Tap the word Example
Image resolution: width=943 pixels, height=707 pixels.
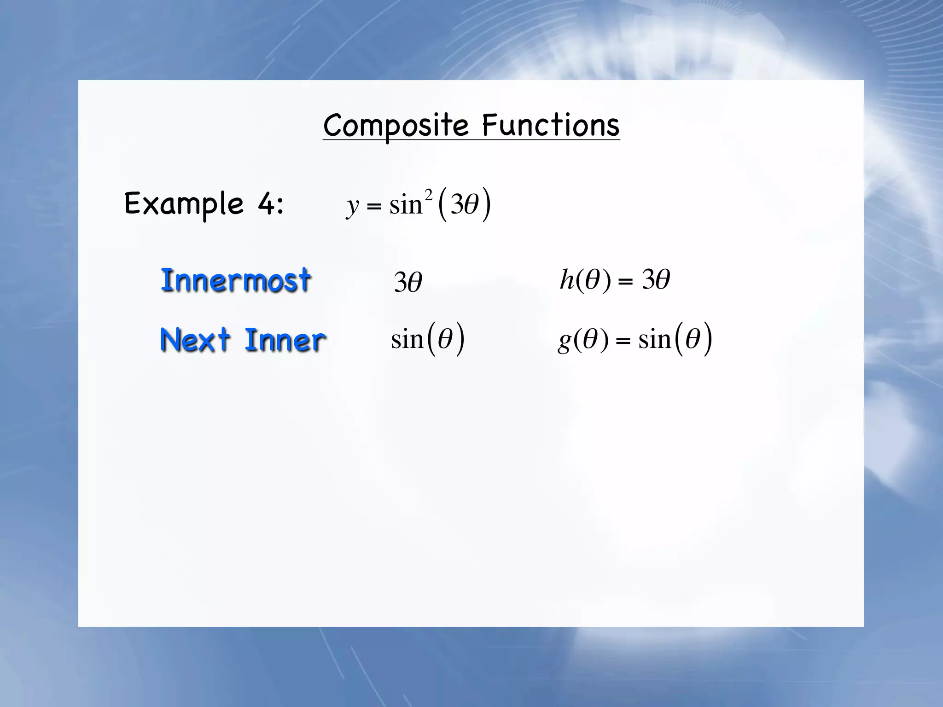(x=184, y=204)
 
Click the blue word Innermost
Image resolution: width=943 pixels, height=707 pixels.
(x=236, y=280)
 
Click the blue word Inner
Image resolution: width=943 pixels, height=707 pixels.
(x=285, y=341)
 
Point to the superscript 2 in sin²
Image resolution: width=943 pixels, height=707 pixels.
(x=428, y=195)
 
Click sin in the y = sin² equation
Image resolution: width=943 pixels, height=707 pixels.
(x=406, y=205)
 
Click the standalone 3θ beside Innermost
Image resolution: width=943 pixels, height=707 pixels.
(x=408, y=282)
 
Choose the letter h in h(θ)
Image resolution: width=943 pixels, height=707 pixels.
(x=567, y=279)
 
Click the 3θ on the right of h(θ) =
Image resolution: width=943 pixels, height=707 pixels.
(x=656, y=279)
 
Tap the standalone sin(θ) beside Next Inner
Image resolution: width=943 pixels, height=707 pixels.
(x=427, y=340)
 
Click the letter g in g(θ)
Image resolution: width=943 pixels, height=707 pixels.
(x=565, y=342)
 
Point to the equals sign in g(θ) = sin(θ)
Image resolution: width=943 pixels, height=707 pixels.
(x=623, y=341)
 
